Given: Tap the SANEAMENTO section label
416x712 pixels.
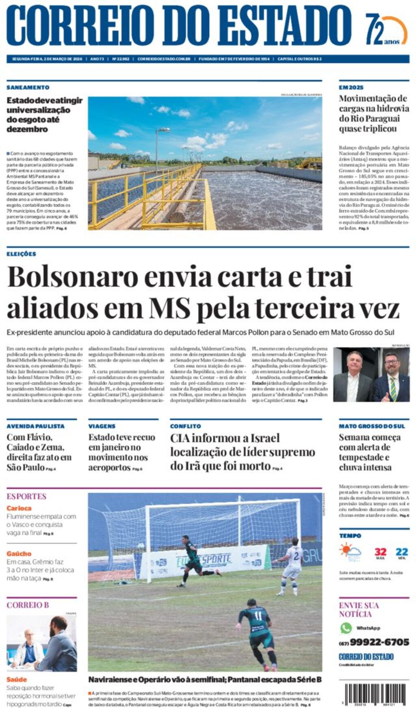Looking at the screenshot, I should coord(28,87).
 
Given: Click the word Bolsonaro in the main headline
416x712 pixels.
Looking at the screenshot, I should coord(73,277).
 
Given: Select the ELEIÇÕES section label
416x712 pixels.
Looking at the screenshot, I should coord(21,254).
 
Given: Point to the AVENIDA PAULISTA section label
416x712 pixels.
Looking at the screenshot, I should coord(35,426).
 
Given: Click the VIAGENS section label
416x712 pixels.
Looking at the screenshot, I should coord(102,426).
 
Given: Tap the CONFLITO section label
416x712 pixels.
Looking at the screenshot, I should coord(186,426).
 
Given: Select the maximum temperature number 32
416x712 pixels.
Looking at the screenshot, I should coord(380,552).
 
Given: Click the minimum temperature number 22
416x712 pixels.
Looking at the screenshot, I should coord(401,552).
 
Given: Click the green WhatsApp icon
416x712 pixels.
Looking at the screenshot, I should coord(346,628).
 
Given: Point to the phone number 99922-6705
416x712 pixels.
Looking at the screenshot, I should coord(379,642).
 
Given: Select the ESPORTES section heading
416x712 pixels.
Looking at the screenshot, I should coord(26,496).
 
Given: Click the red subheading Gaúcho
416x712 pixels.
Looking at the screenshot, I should coord(19,554).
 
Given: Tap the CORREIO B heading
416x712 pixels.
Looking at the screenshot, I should coord(28,605).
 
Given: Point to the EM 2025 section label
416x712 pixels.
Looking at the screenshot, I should coord(351,87).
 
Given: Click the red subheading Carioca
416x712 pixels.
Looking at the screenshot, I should coord(19,508).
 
